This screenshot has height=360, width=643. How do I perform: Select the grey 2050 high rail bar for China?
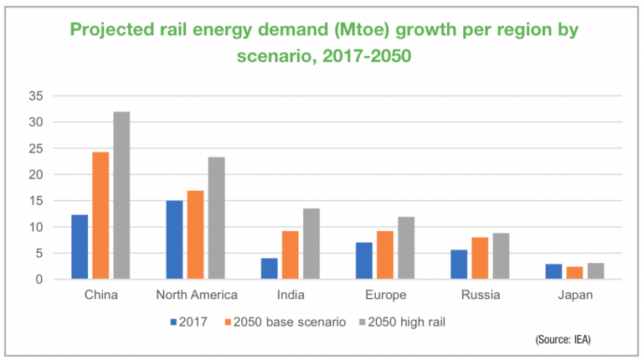(121, 195)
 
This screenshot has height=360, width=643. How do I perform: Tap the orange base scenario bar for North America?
(195, 235)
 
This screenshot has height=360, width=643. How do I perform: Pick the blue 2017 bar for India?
(269, 269)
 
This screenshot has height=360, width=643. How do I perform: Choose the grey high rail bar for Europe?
(406, 248)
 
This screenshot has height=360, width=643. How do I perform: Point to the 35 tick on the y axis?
(34, 95)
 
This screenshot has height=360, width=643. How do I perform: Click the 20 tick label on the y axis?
(34, 174)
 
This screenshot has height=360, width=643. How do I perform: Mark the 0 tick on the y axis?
(38, 279)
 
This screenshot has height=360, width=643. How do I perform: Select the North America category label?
(197, 296)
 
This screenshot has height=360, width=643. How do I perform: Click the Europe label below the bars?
(386, 296)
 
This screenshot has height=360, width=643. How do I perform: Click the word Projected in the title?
(111, 30)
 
